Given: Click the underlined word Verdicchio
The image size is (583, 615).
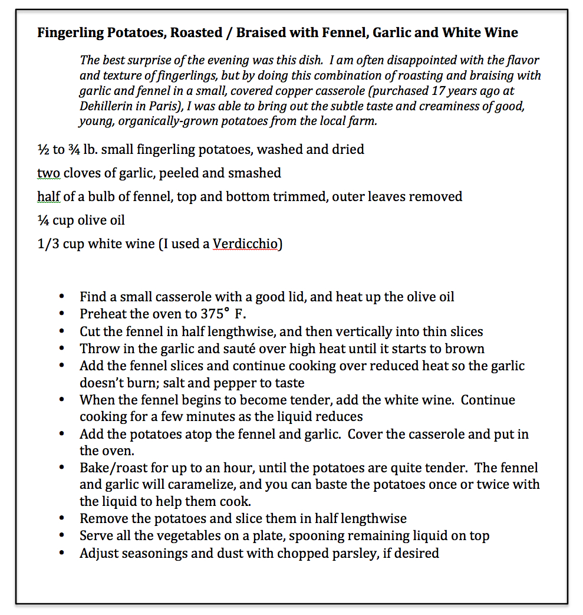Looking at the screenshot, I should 246,244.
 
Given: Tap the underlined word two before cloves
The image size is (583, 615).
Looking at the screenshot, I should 48,173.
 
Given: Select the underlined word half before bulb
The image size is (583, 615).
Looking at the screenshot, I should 49,196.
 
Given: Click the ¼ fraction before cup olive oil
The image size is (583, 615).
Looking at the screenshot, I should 43,220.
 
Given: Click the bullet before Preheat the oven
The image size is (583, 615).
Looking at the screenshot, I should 62,314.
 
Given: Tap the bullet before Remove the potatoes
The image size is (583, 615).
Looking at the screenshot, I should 62,519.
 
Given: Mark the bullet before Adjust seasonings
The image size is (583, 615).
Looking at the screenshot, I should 62,554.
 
